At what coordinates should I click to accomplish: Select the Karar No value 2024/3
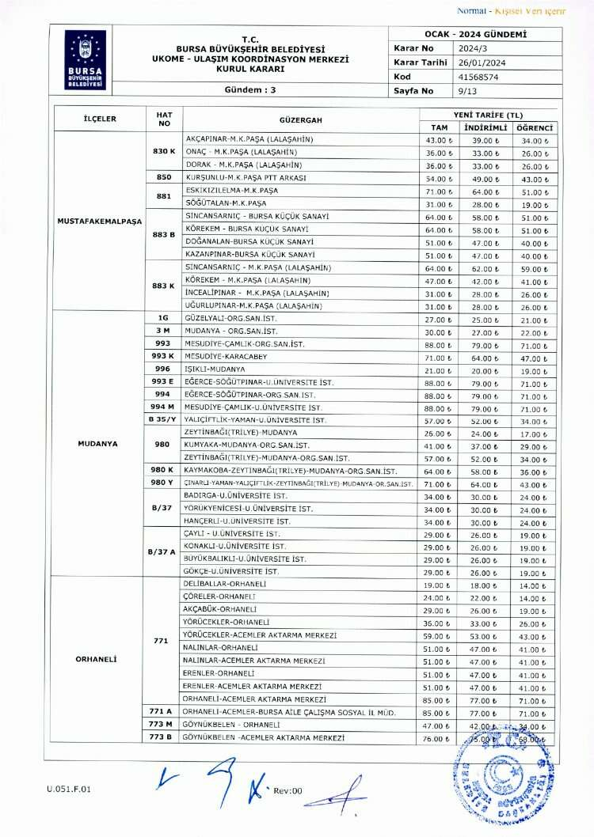[x=439, y=48]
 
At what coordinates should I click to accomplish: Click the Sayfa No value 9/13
[x=435, y=91]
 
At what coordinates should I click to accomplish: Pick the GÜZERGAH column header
[x=301, y=119]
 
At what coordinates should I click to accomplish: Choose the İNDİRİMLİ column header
[x=485, y=127]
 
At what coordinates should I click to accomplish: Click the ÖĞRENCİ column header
[x=534, y=127]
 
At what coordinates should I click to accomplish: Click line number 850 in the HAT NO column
[x=164, y=179]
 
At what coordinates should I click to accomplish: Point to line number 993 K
[x=164, y=357]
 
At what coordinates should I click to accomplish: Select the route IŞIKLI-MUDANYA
[x=215, y=369]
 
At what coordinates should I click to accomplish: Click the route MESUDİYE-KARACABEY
[x=227, y=357]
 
